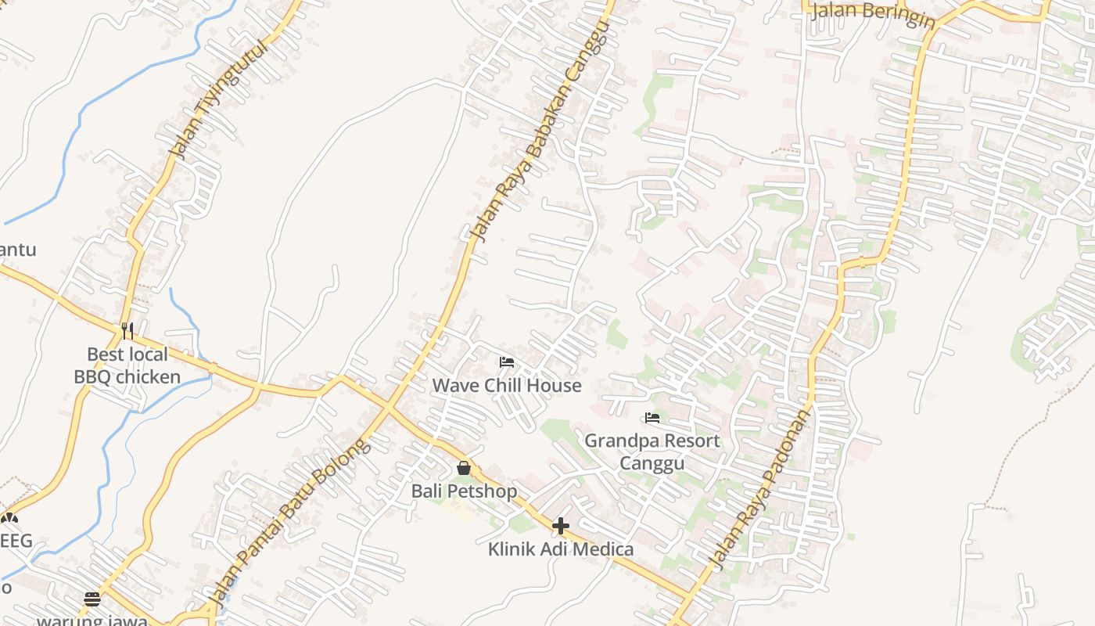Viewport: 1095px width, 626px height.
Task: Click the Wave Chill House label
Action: click(507, 385)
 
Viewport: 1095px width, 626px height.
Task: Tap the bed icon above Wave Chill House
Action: click(507, 362)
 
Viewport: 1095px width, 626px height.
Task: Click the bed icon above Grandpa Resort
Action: click(652, 418)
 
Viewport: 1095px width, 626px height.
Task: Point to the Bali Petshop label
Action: click(465, 491)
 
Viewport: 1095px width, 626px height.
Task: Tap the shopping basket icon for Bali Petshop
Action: click(464, 468)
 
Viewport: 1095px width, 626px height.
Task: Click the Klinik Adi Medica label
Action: click(561, 549)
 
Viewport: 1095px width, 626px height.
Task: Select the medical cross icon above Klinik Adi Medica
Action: click(561, 526)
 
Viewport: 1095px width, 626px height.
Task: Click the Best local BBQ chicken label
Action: click(127, 365)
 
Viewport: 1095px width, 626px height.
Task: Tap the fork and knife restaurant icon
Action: click(127, 330)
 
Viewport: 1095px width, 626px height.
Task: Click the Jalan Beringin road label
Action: click(873, 14)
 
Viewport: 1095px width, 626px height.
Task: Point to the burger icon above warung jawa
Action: click(92, 599)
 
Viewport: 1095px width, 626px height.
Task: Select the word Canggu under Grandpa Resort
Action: click(652, 463)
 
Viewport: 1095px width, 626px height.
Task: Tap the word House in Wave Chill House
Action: click(554, 385)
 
